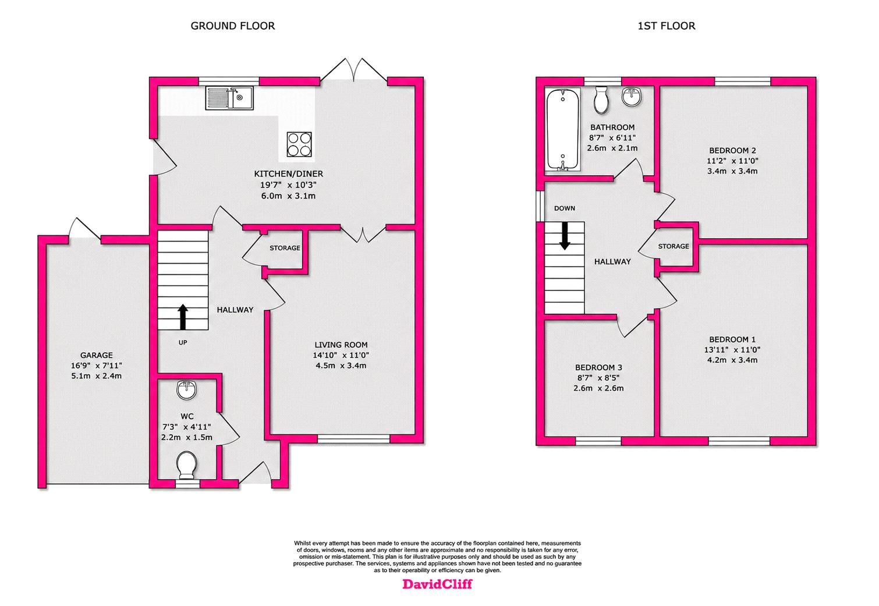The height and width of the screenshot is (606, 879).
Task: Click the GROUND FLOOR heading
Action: click(x=233, y=26)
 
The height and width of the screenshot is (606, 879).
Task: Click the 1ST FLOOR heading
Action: click(x=667, y=26)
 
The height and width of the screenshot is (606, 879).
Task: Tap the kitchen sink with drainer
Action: click(x=229, y=98)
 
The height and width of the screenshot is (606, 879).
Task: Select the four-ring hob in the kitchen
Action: click(x=299, y=144)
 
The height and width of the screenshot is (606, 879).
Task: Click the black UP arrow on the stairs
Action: click(x=183, y=317)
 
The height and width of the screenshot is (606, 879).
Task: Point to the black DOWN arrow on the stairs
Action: click(x=565, y=236)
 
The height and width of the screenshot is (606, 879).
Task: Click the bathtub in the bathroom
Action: click(x=563, y=129)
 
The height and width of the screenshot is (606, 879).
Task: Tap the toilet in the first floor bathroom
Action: click(x=601, y=100)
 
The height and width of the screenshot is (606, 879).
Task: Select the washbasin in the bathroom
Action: click(x=632, y=96)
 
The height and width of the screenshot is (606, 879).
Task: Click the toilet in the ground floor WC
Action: click(x=186, y=465)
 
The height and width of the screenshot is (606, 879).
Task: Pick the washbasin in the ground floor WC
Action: click(x=187, y=390)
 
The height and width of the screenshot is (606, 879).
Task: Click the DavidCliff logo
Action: click(x=438, y=584)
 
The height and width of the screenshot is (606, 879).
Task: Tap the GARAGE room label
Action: click(x=97, y=355)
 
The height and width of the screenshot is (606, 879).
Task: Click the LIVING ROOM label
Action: click(x=341, y=345)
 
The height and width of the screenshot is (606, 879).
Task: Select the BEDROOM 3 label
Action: click(x=598, y=367)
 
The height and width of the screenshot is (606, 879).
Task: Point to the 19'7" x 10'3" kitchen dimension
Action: click(x=288, y=185)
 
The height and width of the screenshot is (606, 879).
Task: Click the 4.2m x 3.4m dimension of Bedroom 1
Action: click(x=732, y=360)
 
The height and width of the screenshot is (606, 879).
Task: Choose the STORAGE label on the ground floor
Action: click(x=285, y=248)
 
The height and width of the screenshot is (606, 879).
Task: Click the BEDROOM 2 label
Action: click(x=732, y=150)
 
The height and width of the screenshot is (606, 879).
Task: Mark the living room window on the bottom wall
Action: click(x=353, y=438)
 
